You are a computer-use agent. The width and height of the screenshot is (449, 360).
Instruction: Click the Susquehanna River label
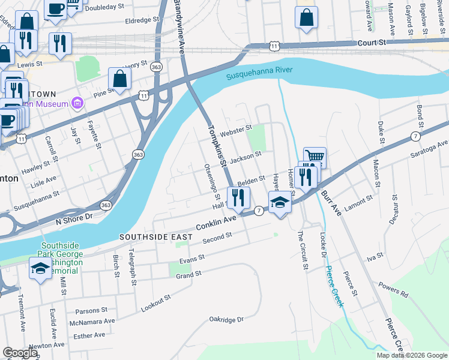[259, 74]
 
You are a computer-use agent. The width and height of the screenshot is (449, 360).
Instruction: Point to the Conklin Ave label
[217, 223]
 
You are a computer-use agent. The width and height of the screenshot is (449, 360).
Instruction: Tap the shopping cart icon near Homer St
[315, 158]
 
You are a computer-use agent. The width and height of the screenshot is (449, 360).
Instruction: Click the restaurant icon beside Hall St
[238, 197]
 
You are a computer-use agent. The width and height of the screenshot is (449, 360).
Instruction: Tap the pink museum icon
[76, 104]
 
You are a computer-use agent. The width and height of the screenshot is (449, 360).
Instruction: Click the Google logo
[20, 353]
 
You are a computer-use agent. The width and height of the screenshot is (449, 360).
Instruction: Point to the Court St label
[372, 43]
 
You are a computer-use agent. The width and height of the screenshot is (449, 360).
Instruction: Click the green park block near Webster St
[256, 138]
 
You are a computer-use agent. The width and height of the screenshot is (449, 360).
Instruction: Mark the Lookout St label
[155, 303]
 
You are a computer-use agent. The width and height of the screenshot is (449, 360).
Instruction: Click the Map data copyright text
[412, 355]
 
